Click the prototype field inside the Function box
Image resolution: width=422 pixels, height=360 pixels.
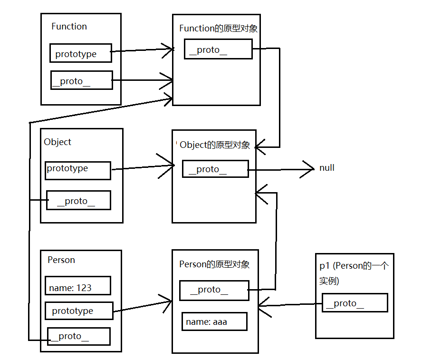tap(81, 53)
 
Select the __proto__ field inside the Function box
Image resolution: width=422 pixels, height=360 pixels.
tap(82, 80)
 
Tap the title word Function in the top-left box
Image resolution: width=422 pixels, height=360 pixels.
tap(69, 26)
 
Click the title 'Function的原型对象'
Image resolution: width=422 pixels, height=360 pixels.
tap(218, 28)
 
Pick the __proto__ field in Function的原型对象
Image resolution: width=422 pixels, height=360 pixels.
tap(218, 49)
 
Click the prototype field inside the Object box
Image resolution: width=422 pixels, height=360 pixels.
tap(78, 170)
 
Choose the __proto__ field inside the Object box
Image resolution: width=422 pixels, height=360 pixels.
tap(78, 200)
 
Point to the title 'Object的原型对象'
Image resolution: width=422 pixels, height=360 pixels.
tap(215, 145)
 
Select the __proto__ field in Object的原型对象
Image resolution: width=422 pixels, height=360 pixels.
tap(215, 169)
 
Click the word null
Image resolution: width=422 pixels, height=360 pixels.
tap(327, 168)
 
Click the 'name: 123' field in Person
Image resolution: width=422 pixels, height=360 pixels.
tap(78, 285)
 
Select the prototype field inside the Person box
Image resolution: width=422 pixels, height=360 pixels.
tap(79, 311)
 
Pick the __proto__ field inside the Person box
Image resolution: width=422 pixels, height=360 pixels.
tap(79, 336)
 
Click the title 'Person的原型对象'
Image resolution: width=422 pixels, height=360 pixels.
tap(214, 264)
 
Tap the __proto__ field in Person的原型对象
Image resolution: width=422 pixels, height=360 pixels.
tap(214, 290)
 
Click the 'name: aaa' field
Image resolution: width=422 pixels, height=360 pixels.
tap(214, 321)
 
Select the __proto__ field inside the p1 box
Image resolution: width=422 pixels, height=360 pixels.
tap(355, 302)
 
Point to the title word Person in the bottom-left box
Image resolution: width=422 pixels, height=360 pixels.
tap(61, 260)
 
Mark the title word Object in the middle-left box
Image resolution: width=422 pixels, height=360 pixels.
tap(58, 142)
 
